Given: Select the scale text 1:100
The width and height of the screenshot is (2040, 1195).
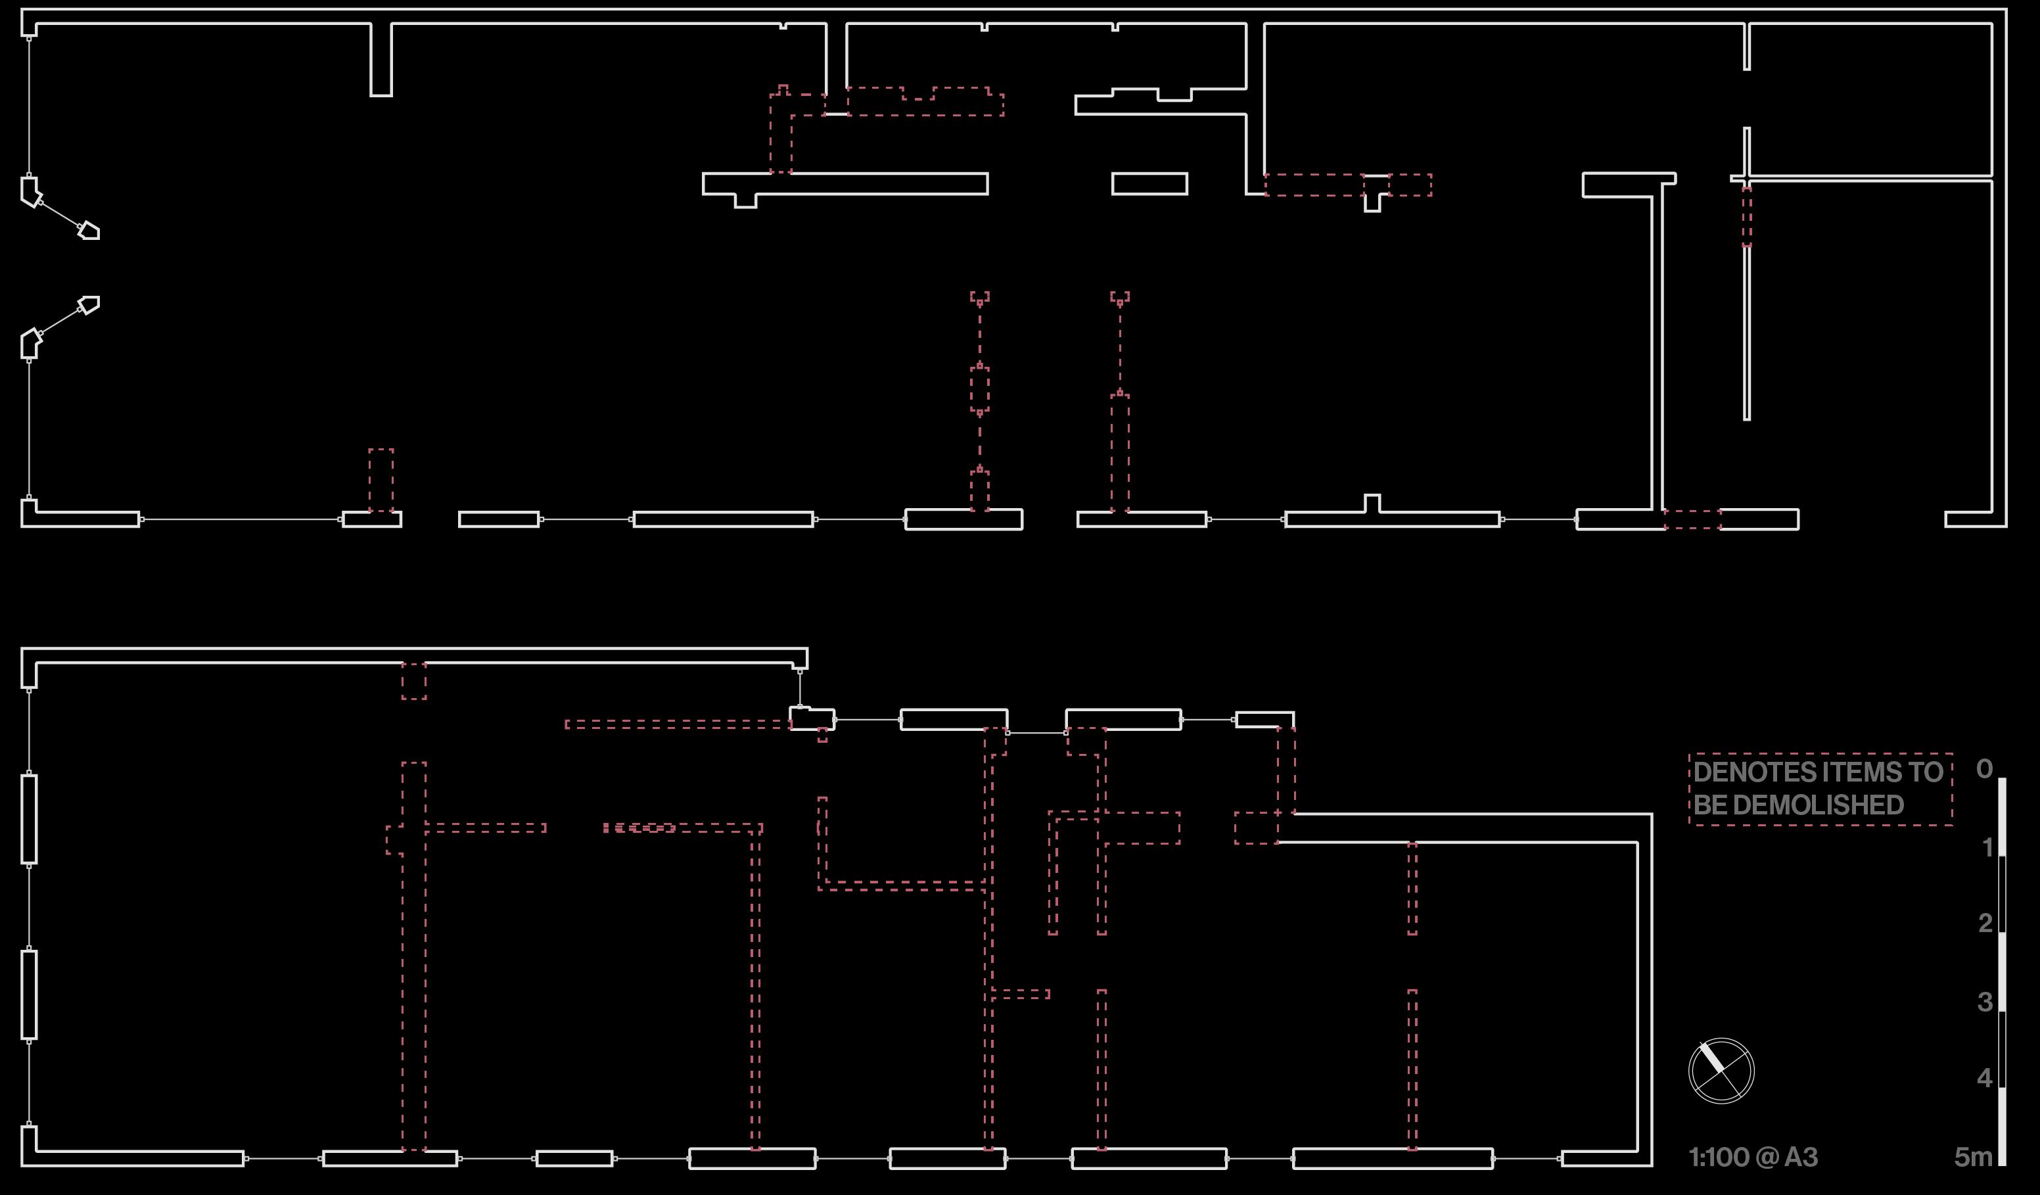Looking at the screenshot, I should click(x=1719, y=1158).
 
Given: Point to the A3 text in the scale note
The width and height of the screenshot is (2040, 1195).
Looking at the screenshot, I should click(x=1801, y=1158).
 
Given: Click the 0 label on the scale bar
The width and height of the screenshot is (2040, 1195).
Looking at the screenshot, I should click(x=1984, y=768).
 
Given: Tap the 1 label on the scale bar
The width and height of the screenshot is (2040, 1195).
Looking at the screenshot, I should click(x=1987, y=848).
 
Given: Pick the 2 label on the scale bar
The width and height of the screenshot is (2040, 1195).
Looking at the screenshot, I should click(x=1985, y=923).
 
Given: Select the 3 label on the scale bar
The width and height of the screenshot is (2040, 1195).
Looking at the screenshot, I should click(x=1985, y=1002).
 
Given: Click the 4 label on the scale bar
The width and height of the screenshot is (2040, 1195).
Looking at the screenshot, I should click(x=1985, y=1077).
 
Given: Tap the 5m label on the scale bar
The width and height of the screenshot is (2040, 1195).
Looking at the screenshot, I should click(x=1974, y=1158).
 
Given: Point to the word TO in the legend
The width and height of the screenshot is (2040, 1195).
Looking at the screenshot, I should click(x=1927, y=772).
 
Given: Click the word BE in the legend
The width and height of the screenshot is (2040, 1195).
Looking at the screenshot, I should click(x=1709, y=806).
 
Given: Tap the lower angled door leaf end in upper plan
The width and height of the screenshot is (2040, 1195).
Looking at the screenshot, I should click(x=89, y=305).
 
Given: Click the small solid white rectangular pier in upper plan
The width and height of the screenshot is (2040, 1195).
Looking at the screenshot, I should click(x=1149, y=184).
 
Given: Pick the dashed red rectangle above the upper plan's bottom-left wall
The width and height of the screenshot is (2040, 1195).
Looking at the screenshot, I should click(x=381, y=480).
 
